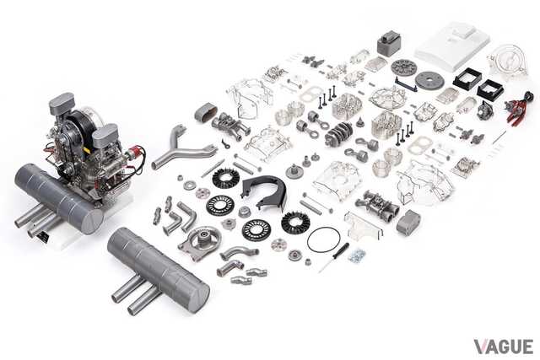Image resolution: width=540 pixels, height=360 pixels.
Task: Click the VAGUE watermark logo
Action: coord(503,347)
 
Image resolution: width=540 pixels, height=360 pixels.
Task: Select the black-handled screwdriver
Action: coord(334,258)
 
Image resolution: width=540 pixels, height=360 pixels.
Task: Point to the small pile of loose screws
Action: coord(356,255)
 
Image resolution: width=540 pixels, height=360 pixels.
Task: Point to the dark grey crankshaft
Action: coord(339,133)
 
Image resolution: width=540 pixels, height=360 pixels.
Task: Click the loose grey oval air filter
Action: coord(206,113)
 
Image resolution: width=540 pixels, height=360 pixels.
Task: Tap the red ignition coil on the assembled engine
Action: coord(133,153)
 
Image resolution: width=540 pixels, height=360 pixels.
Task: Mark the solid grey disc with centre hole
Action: coord(429,81)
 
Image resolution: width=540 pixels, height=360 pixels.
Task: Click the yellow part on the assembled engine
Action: coord(87,150)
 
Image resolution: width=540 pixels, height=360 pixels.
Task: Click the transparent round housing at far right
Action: coord(508,60)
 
